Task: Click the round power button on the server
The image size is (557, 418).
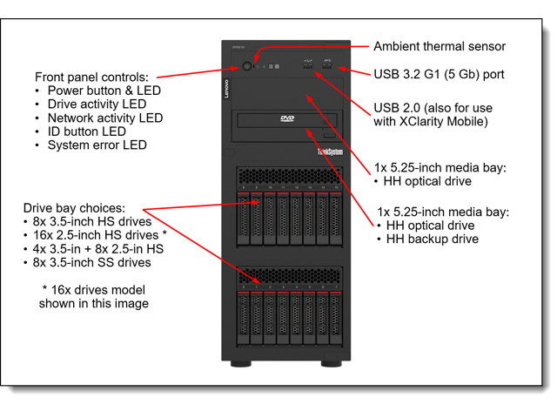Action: click(247, 66)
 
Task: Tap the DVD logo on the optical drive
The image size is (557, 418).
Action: click(287, 118)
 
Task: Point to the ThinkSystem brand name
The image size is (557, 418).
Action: click(330, 152)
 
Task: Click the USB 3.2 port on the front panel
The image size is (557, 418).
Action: click(327, 65)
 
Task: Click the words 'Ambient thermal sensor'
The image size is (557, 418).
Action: click(439, 47)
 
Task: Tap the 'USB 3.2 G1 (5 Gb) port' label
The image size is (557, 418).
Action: click(439, 75)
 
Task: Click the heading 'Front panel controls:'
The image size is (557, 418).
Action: click(91, 77)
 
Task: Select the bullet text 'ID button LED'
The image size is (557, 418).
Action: click(86, 131)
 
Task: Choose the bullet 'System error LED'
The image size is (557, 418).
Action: click(97, 145)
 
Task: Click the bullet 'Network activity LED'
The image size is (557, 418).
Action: click(104, 118)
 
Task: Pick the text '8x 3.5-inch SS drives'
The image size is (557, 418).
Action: click(92, 262)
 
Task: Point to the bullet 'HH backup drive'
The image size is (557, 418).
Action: click(432, 239)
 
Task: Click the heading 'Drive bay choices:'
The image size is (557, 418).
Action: click(75, 208)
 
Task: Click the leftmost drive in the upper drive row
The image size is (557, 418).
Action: click(243, 219)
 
